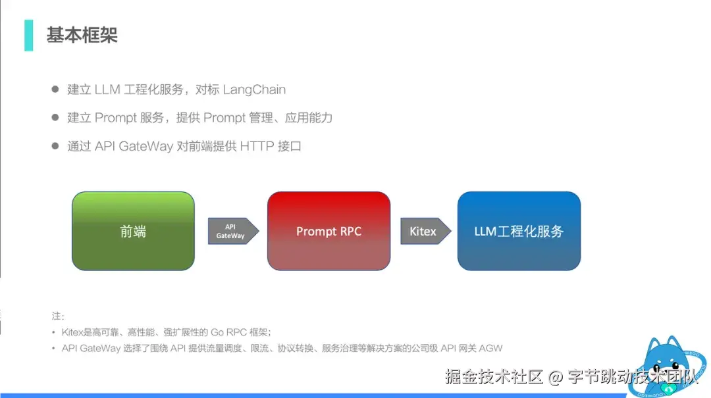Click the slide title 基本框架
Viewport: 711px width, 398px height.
tap(82, 35)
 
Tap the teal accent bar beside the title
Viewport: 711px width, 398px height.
tap(28, 35)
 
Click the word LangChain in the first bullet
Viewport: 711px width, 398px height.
tap(254, 89)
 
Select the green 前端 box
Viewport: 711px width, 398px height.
tap(133, 231)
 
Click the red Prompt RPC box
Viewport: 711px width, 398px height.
tap(329, 231)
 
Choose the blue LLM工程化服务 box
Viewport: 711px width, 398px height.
tap(519, 231)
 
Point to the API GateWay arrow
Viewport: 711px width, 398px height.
tap(232, 231)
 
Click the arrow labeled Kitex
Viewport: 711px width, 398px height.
tap(425, 231)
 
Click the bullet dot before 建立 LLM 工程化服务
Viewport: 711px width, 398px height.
tap(56, 89)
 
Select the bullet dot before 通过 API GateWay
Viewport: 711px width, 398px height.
tap(56, 146)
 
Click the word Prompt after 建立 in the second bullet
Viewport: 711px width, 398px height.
tap(116, 118)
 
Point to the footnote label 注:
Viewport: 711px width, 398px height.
tap(58, 316)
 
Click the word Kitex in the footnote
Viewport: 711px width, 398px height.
tap(72, 332)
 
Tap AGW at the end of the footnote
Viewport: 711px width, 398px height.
tap(491, 348)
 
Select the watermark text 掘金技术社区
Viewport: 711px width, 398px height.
tap(494, 377)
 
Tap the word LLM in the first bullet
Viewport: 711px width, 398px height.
tap(107, 89)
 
